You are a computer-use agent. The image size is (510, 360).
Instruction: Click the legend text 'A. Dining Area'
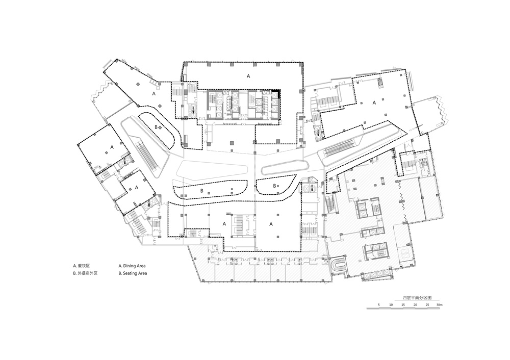click(133, 266)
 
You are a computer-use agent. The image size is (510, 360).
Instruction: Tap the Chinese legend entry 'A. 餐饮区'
click(81, 266)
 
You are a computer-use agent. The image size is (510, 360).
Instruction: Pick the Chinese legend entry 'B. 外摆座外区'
click(85, 274)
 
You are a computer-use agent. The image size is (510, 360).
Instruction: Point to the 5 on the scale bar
click(379, 304)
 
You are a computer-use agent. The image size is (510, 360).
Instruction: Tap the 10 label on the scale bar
click(391, 304)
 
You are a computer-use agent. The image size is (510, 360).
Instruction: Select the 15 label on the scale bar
click(403, 304)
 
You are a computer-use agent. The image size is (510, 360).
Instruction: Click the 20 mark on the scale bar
click(416, 304)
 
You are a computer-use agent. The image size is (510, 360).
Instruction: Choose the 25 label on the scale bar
click(428, 304)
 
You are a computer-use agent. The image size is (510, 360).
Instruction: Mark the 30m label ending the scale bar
click(440, 304)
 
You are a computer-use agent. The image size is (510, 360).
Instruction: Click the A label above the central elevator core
click(248, 76)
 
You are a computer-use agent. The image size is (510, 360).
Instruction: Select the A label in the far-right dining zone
click(374, 102)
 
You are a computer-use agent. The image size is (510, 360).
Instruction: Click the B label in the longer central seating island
click(201, 191)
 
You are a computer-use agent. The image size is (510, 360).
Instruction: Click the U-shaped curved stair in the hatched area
click(339, 265)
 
